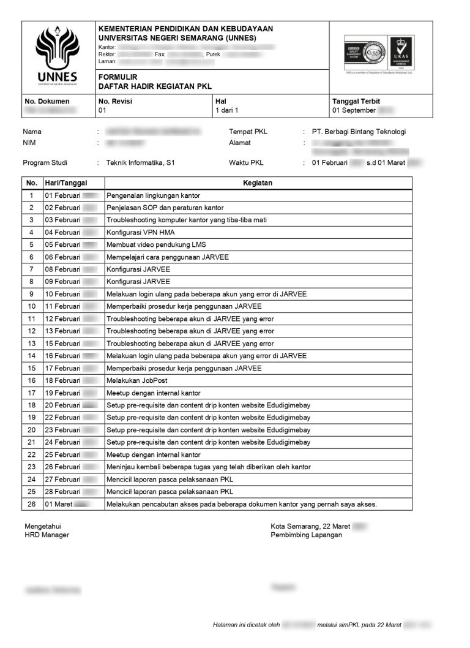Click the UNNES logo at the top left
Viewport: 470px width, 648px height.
(x=58, y=54)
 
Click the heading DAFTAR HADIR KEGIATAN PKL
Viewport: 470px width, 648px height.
(x=155, y=86)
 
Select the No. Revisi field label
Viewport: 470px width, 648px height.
(x=115, y=101)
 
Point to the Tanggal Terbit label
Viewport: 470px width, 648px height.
(x=356, y=101)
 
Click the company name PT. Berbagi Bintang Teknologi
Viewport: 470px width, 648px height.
(x=359, y=132)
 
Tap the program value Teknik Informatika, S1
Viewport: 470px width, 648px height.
(x=140, y=163)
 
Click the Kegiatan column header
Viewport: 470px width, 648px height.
(x=258, y=183)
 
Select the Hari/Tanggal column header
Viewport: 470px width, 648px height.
(x=65, y=183)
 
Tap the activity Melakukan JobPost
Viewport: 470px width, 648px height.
(x=136, y=380)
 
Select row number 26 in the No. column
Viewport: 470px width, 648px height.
(x=32, y=504)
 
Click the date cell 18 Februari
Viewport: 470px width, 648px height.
(x=62, y=380)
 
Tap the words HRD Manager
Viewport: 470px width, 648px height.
(x=47, y=535)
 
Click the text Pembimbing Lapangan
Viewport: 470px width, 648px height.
(x=306, y=535)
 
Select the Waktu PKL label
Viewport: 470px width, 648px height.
(x=246, y=163)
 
